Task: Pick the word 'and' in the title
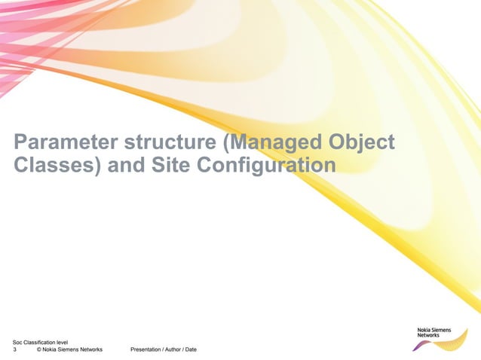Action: (124, 165)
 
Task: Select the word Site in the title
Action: (170, 165)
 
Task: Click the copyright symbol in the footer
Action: (38, 350)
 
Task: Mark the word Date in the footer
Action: (191, 350)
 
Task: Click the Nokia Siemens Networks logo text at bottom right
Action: (434, 332)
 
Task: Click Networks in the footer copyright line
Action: (88, 350)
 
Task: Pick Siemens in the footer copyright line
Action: (63, 350)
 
